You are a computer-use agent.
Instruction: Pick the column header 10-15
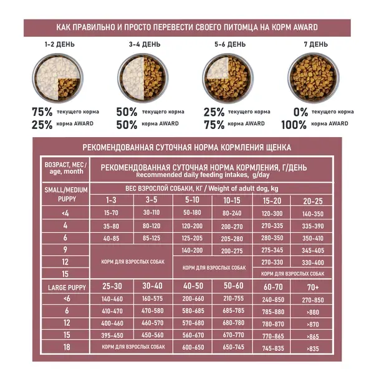(x=232, y=200)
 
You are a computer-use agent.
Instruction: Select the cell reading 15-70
(x=110, y=214)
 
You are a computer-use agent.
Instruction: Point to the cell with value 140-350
(x=312, y=214)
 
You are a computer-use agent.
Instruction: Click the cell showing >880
(x=312, y=311)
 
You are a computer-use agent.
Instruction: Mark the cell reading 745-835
(x=273, y=347)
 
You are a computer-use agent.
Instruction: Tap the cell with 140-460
(x=110, y=299)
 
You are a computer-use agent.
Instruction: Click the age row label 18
(x=65, y=347)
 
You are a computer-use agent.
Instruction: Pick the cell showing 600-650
(x=193, y=347)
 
